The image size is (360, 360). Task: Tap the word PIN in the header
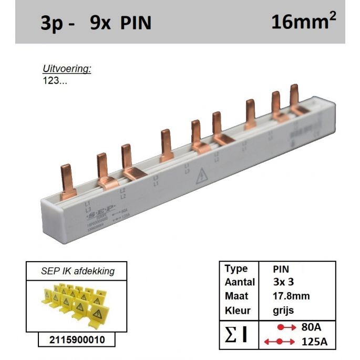coord(135,24)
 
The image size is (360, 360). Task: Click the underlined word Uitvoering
coord(67,69)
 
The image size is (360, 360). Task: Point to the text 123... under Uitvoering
coord(55,81)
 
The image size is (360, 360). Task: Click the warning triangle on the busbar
coord(201,177)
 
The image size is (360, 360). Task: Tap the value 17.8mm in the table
coord(291,296)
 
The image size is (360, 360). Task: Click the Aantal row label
coord(240,282)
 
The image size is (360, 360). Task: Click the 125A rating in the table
coord(314,342)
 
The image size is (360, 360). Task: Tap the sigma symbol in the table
coord(232,334)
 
